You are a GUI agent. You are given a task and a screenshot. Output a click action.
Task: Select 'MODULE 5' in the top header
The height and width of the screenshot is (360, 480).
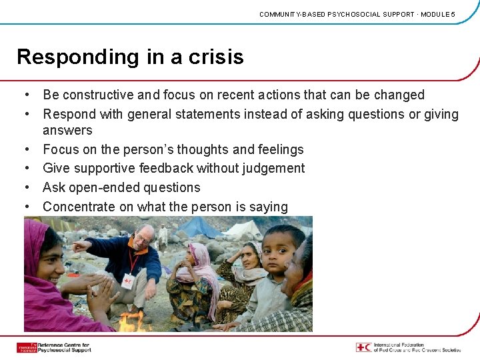(x=438, y=14)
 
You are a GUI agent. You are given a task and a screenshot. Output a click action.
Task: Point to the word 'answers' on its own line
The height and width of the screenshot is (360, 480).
(x=67, y=131)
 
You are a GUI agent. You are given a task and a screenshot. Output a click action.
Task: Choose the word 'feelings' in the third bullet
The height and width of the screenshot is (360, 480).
(x=279, y=149)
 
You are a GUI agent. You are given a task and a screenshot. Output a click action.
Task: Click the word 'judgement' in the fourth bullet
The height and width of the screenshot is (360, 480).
(x=274, y=169)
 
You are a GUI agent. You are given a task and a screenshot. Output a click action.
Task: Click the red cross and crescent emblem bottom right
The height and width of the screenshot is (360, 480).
(x=363, y=347)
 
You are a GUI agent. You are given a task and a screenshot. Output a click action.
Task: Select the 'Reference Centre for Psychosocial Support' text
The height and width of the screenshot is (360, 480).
(x=64, y=347)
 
